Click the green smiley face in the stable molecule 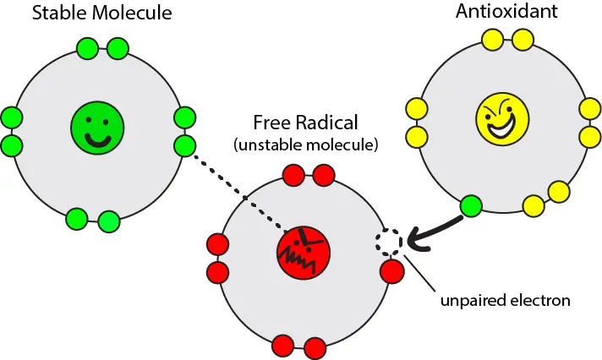pyautogui.click(x=97, y=129)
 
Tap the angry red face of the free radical pyautogui.click(x=303, y=249)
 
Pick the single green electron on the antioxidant pyautogui.click(x=470, y=205)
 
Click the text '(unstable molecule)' pyautogui.click(x=304, y=145)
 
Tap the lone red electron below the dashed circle pyautogui.click(x=391, y=272)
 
